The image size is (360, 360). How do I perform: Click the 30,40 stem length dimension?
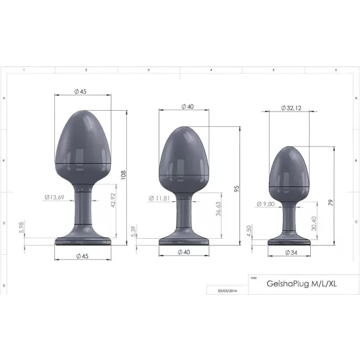pos(315,220)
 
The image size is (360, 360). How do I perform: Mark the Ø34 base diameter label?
pos(290,252)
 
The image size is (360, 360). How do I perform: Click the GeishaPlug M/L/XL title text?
pos(293,284)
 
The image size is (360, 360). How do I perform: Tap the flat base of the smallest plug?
pos(289,241)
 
